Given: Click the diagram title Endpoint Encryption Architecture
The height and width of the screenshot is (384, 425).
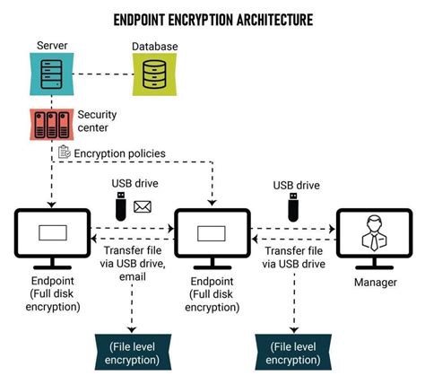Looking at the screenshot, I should click(212, 18).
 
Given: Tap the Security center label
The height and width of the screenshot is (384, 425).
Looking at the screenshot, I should click(97, 120).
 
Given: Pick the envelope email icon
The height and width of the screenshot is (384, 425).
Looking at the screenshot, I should click(142, 207).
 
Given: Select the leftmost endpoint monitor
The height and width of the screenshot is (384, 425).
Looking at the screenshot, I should click(52, 234).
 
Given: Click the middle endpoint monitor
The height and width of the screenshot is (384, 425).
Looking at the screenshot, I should click(212, 234).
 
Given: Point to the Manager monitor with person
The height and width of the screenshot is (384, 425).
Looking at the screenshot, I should click(371, 234).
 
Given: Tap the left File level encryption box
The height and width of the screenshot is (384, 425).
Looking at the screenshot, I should click(134, 353).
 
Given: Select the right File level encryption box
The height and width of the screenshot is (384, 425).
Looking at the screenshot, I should click(293, 353).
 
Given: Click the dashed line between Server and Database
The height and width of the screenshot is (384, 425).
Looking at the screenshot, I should click(99, 74).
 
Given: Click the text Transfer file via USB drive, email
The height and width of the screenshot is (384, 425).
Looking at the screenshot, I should click(133, 264).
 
